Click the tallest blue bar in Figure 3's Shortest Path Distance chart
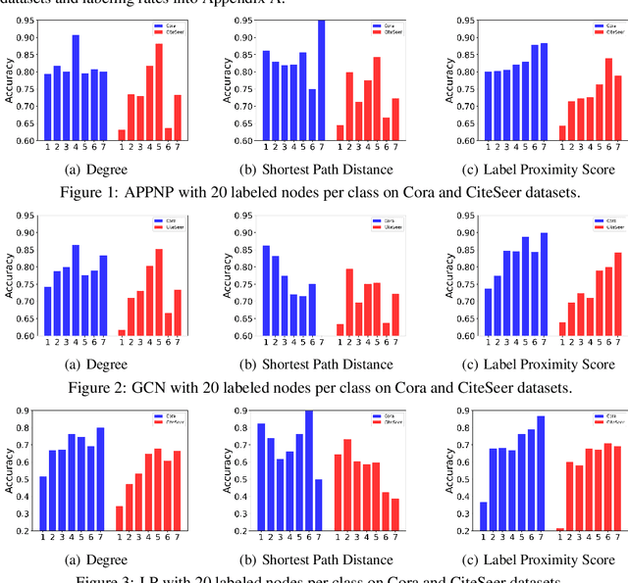(x=309, y=470)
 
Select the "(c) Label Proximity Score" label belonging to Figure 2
(x=524, y=364)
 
